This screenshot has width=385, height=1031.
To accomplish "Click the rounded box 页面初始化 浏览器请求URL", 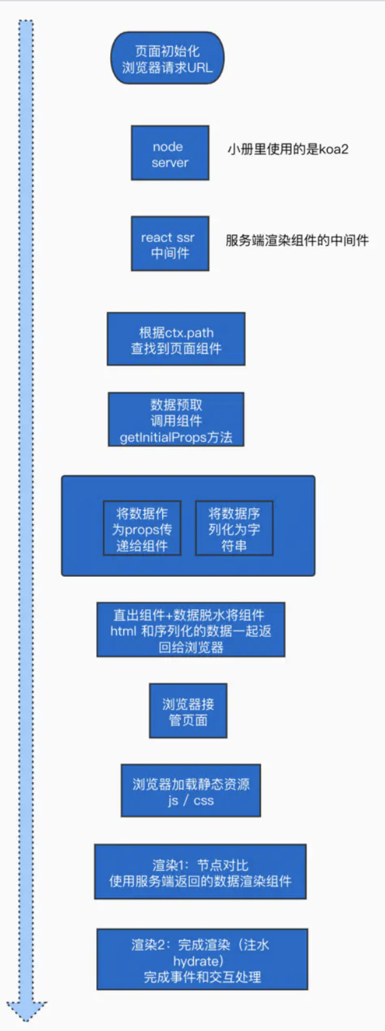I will (168, 58).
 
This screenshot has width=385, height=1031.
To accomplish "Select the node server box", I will (170, 153).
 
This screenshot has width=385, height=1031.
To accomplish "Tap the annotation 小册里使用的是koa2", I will (287, 150).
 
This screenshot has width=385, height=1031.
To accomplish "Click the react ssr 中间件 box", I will (170, 243).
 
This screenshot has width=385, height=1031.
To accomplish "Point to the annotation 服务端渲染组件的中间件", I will (297, 241).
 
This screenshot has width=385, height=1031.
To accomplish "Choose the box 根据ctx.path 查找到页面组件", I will (175, 339).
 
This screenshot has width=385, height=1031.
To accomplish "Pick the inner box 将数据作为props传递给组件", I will (141, 528).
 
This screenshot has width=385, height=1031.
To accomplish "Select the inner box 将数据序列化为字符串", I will (233, 528).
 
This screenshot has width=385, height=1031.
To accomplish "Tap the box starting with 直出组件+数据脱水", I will (191, 629).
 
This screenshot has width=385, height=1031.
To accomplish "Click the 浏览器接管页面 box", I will (188, 711).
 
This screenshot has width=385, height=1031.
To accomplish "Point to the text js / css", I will (191, 801).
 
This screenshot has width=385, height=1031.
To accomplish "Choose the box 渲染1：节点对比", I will (200, 871).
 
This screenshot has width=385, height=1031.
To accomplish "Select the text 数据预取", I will (176, 405).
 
